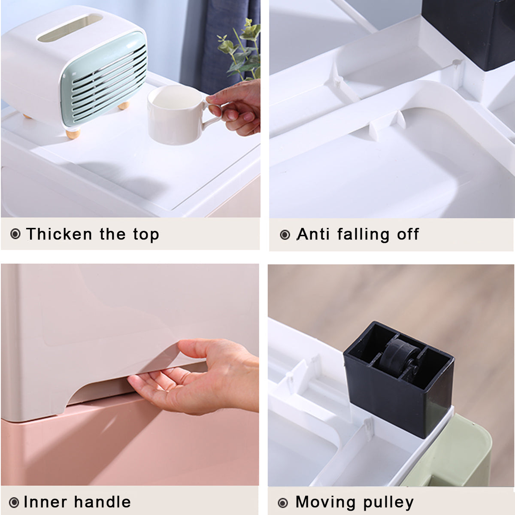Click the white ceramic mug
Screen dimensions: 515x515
coord(175,115)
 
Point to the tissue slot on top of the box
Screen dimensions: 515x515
coord(70,27)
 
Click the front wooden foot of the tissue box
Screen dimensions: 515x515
coord(73,133)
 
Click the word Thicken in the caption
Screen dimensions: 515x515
coord(59,234)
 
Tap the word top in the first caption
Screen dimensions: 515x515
coord(146,235)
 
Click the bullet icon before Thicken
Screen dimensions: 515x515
coord(15,234)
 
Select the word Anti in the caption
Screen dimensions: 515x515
coord(313,234)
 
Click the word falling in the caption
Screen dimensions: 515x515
coord(363,235)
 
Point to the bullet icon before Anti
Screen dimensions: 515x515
coord(285,235)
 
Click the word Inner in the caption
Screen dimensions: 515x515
coord(45,502)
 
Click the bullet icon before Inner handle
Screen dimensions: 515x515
coord(14,503)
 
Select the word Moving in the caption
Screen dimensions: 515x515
coord(325,502)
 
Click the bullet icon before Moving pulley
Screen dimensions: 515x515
coord(283,503)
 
